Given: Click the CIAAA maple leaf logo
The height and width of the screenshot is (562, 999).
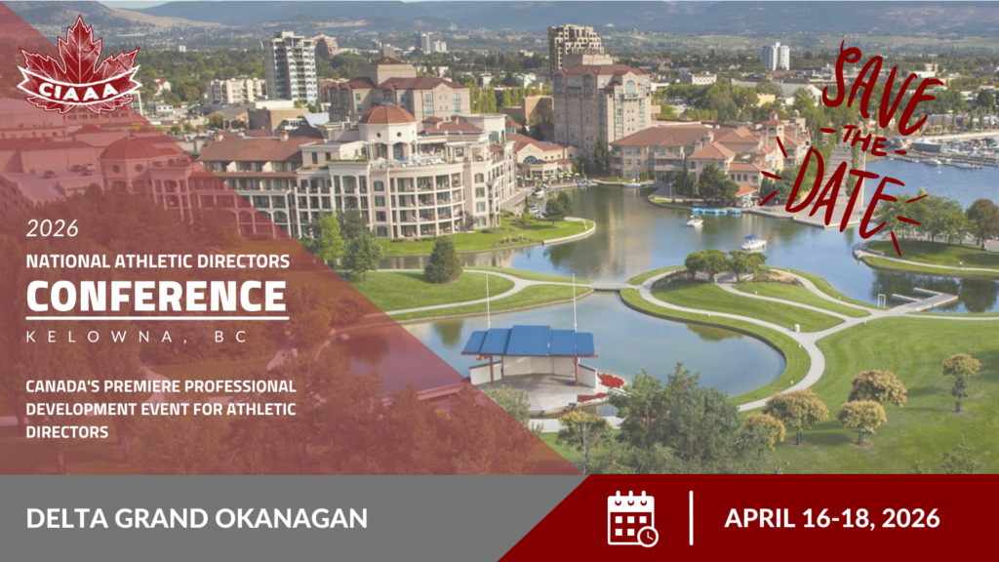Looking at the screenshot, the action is pyautogui.click(x=78, y=67).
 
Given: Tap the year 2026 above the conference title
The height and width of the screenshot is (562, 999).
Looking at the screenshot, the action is pyautogui.click(x=53, y=228).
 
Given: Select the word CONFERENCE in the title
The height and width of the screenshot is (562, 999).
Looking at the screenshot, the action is pyautogui.click(x=157, y=297).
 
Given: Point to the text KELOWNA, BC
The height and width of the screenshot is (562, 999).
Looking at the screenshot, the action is pyautogui.click(x=137, y=337).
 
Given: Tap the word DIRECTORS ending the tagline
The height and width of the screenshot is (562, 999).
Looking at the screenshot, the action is pyautogui.click(x=67, y=432).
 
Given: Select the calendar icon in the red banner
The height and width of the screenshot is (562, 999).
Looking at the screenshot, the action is pyautogui.click(x=632, y=518).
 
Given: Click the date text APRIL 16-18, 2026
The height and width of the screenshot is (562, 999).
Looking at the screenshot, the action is pyautogui.click(x=831, y=518).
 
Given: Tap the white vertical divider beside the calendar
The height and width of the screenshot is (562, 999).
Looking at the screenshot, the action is pyautogui.click(x=692, y=518).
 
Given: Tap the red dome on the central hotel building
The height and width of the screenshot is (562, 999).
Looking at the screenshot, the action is pyautogui.click(x=386, y=115).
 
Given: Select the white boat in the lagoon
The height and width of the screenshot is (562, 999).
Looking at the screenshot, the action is pyautogui.click(x=753, y=243).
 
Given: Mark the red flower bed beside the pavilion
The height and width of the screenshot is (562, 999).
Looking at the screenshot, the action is pyautogui.click(x=611, y=381).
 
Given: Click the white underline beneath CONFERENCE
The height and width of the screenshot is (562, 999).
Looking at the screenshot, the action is pyautogui.click(x=157, y=317).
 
